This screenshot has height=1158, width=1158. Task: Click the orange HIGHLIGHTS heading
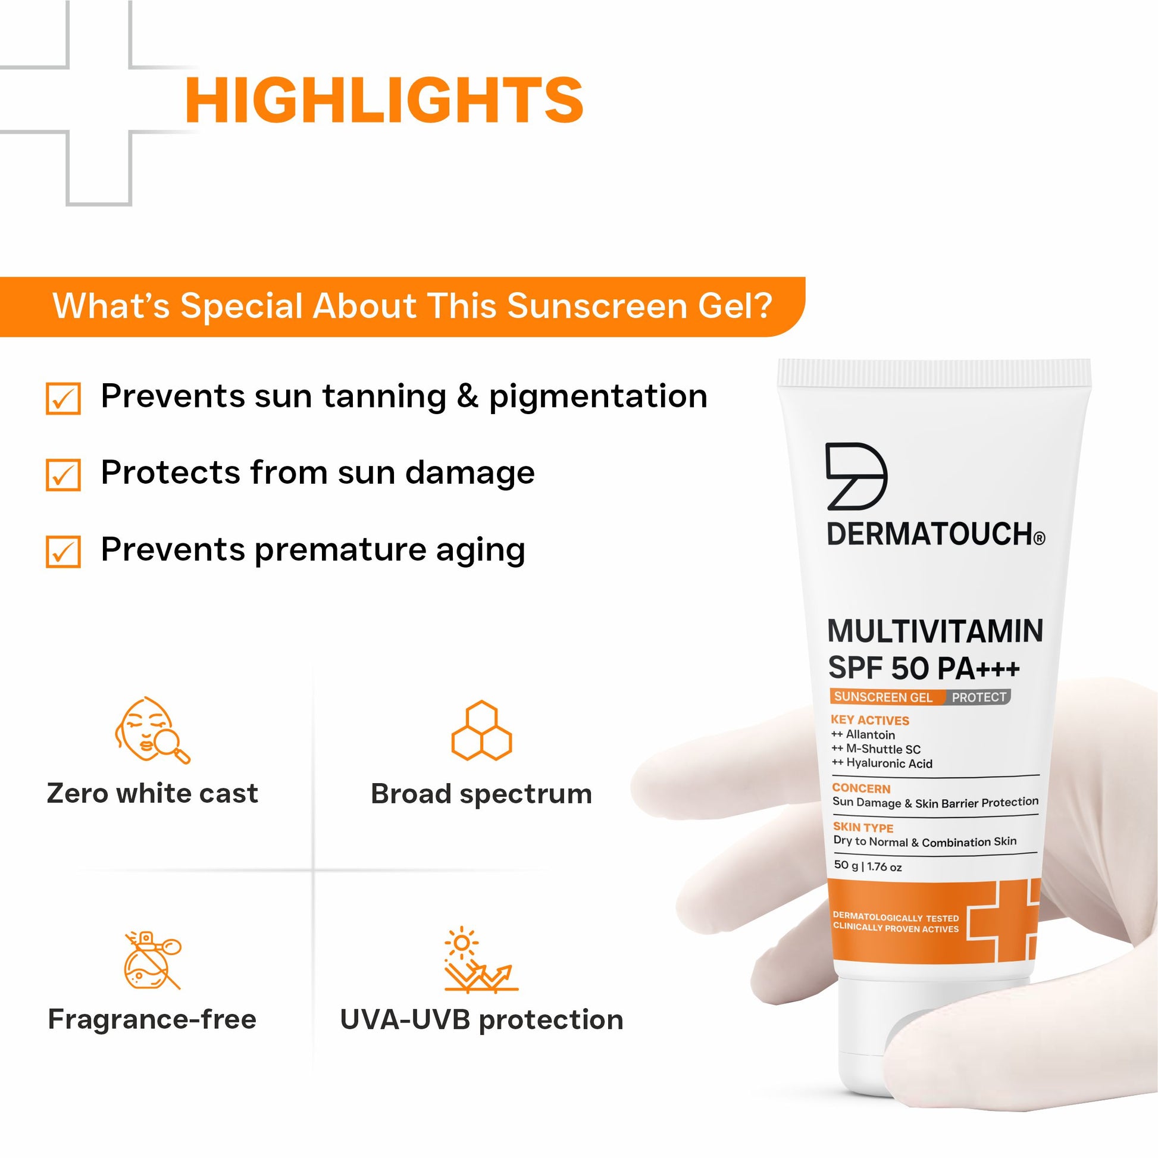(384, 99)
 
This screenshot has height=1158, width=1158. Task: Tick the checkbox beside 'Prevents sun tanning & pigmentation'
(63, 399)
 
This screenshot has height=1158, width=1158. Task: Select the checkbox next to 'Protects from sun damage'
(63, 475)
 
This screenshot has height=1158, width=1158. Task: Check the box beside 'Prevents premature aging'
(63, 552)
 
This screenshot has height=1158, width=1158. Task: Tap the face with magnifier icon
(152, 730)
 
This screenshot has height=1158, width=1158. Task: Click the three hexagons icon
(481, 730)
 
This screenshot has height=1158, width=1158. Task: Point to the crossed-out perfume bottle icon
(152, 960)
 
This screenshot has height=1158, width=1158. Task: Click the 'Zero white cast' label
(152, 794)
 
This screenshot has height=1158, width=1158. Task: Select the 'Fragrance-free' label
(152, 1019)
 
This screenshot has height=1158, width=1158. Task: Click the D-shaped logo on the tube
(856, 477)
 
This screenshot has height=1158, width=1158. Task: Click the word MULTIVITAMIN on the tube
(935, 631)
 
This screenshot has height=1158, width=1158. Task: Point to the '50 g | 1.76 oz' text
(867, 866)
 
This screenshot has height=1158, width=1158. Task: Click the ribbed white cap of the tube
(934, 373)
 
